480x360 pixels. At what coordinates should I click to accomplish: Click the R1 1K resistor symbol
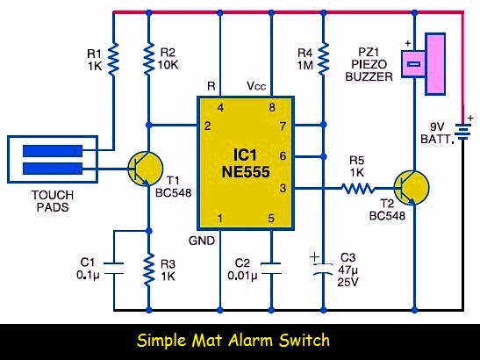click(x=113, y=60)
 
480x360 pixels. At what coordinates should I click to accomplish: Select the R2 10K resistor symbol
click(x=149, y=58)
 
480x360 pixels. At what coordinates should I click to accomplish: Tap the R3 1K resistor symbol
click(x=149, y=270)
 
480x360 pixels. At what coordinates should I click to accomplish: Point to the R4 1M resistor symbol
click(x=324, y=59)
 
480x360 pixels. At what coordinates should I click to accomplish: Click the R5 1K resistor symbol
click(x=358, y=188)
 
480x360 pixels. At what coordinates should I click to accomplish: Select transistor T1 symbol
click(x=145, y=169)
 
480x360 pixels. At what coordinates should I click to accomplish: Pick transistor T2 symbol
click(x=411, y=188)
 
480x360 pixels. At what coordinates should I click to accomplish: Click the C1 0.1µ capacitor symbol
click(x=113, y=268)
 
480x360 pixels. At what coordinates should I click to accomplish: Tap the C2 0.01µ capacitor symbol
click(x=271, y=268)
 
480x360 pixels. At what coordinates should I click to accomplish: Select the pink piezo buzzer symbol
click(x=423, y=64)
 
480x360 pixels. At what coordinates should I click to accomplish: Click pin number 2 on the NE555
click(x=208, y=126)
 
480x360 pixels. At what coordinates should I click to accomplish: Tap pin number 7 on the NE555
click(x=283, y=126)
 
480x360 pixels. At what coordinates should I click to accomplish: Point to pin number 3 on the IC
click(x=283, y=188)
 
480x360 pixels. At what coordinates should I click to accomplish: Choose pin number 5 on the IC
click(x=271, y=219)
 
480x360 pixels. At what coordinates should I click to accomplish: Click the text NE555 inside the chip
click(x=246, y=172)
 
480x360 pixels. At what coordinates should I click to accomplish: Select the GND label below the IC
click(x=202, y=241)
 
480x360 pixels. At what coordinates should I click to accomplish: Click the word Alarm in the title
click(x=251, y=341)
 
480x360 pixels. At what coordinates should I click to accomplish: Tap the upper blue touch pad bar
click(x=53, y=151)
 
